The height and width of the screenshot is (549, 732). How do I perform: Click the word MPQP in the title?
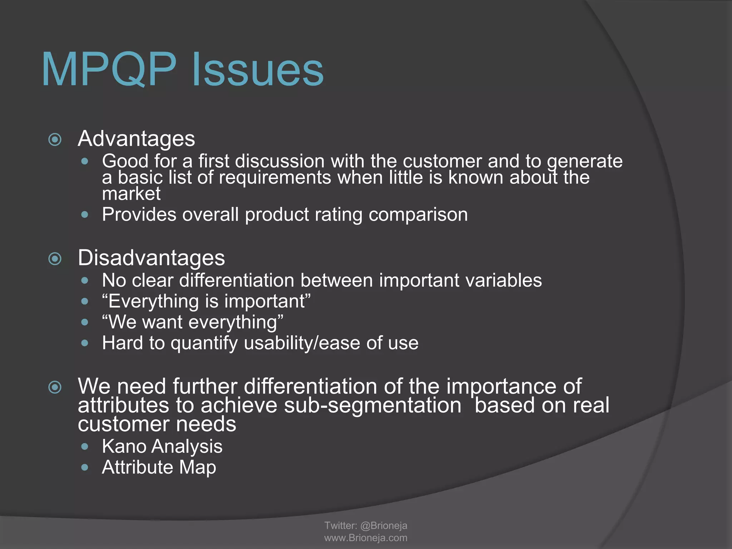109,70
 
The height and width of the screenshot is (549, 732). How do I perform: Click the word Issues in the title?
258,70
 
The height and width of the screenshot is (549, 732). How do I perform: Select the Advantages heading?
136,139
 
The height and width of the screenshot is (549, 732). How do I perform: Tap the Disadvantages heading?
151,258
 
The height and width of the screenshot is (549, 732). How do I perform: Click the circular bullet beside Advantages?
55,139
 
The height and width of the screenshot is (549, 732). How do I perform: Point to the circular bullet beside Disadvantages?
55,258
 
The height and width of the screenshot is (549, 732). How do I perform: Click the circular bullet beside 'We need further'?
55,387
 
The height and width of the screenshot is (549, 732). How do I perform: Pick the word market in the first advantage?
131,194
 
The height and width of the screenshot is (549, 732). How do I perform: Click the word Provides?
139,215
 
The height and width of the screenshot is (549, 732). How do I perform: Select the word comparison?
418,215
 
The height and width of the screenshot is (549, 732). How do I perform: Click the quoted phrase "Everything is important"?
206,301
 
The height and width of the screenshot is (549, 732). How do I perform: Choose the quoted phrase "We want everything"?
193,322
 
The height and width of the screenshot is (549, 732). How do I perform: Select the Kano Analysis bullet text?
162,446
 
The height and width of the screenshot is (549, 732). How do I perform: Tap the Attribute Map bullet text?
159,467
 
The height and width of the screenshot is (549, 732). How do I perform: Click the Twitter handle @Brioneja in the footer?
384,525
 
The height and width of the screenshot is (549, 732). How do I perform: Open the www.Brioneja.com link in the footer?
366,538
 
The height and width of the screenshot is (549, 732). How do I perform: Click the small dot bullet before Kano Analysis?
85,446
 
